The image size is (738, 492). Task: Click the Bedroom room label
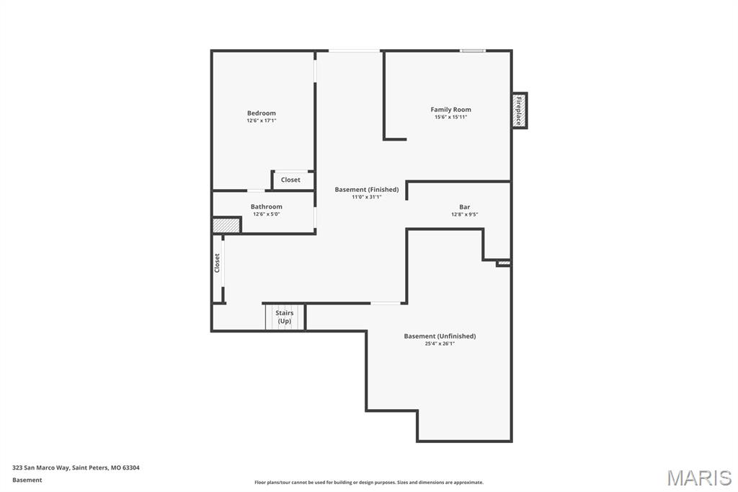point(261,113)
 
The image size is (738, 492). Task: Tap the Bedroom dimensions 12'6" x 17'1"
point(261,120)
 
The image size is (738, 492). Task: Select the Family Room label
point(450,110)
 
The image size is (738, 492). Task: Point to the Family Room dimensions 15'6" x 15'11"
point(450,117)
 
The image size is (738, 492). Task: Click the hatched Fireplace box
point(519,110)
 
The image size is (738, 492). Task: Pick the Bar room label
point(464,207)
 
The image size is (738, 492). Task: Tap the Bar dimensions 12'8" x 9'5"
point(464,214)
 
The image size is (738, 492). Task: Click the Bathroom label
point(266,207)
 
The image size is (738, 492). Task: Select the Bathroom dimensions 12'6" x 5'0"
point(266,214)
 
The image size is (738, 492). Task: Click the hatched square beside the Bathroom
point(226,226)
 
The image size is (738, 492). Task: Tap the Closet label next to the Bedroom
point(290,180)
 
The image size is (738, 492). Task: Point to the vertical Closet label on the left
point(217,263)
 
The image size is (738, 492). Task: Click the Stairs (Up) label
point(284,317)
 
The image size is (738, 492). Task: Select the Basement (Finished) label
point(366,190)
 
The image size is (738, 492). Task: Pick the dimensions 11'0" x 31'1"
point(366,197)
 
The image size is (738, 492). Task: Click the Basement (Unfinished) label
point(440,336)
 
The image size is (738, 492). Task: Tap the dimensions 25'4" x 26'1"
point(440,343)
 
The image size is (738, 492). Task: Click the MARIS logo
point(698,478)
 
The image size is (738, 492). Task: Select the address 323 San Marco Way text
point(76,467)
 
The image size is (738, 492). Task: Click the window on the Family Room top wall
point(473,50)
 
